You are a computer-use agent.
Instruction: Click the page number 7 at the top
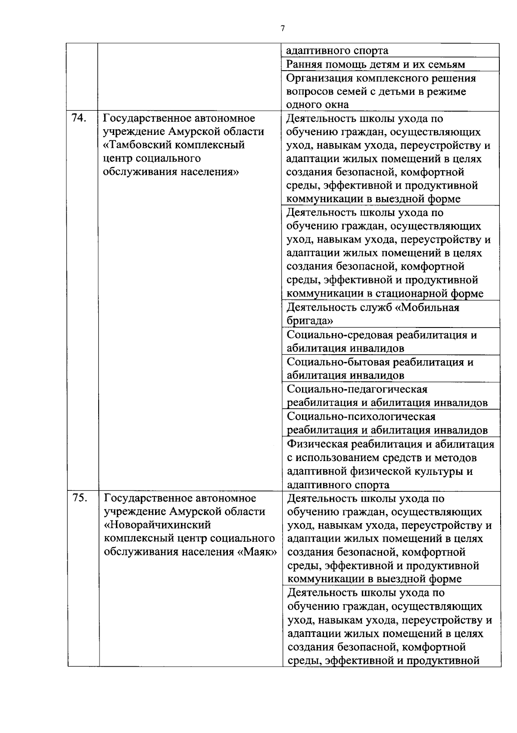(x=283, y=28)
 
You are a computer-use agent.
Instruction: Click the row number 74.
(x=79, y=118)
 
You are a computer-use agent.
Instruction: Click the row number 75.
(x=80, y=498)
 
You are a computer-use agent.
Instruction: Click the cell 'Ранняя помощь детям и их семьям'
(x=376, y=65)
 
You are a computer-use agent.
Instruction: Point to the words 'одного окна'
(x=318, y=105)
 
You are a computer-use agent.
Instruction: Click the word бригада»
(x=310, y=321)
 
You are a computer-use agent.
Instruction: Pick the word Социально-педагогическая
(x=357, y=389)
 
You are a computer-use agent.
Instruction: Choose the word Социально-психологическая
(x=361, y=417)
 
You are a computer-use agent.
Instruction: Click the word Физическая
(x=317, y=444)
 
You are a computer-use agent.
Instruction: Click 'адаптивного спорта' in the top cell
(x=337, y=51)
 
